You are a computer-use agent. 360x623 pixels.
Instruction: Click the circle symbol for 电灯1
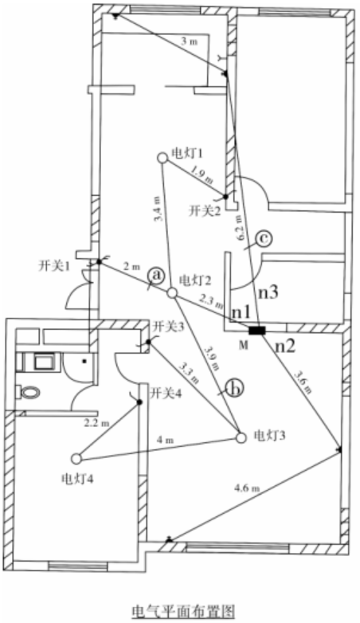tap(162, 158)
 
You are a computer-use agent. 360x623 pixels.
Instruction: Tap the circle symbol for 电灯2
tap(171, 293)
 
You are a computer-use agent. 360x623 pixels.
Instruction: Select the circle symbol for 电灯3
tap(241, 438)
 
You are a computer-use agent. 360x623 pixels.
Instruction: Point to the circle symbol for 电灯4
tap(76, 459)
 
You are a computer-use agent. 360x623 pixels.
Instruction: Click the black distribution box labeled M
tap(256, 330)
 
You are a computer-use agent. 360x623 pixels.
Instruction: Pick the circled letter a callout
tap(157, 275)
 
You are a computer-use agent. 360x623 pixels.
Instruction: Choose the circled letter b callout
tap(234, 389)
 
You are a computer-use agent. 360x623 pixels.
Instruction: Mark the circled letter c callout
tap(264, 238)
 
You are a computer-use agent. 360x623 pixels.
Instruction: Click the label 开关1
tap(54, 266)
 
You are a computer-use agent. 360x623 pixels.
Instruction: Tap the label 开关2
tap(205, 211)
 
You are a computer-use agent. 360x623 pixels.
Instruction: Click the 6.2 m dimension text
tap(238, 227)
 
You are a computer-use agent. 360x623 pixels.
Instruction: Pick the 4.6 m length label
tap(247, 487)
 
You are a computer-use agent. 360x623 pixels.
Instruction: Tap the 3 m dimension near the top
tap(189, 41)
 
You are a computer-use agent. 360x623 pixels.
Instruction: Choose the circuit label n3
tap(268, 293)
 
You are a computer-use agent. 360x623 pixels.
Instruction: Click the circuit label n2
tap(286, 347)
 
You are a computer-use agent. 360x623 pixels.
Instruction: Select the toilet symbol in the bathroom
tap(29, 393)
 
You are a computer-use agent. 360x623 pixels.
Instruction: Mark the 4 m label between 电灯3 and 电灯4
tap(165, 440)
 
